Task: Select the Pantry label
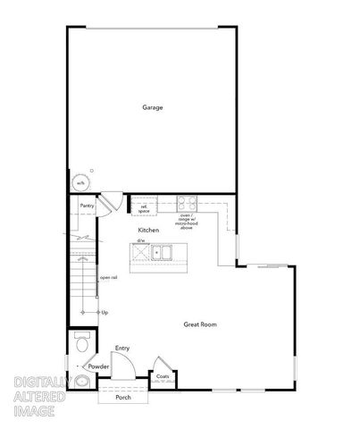pyautogui.click(x=87, y=206)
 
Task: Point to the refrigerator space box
pyautogui.click(x=143, y=207)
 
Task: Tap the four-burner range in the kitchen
pyautogui.click(x=187, y=202)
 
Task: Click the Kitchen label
pyautogui.click(x=148, y=231)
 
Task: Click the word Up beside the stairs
pyautogui.click(x=105, y=312)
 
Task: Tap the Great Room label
pyautogui.click(x=200, y=324)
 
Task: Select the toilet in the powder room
pyautogui.click(x=80, y=344)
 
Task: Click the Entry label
pyautogui.click(x=122, y=349)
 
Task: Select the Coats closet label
pyautogui.click(x=163, y=376)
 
